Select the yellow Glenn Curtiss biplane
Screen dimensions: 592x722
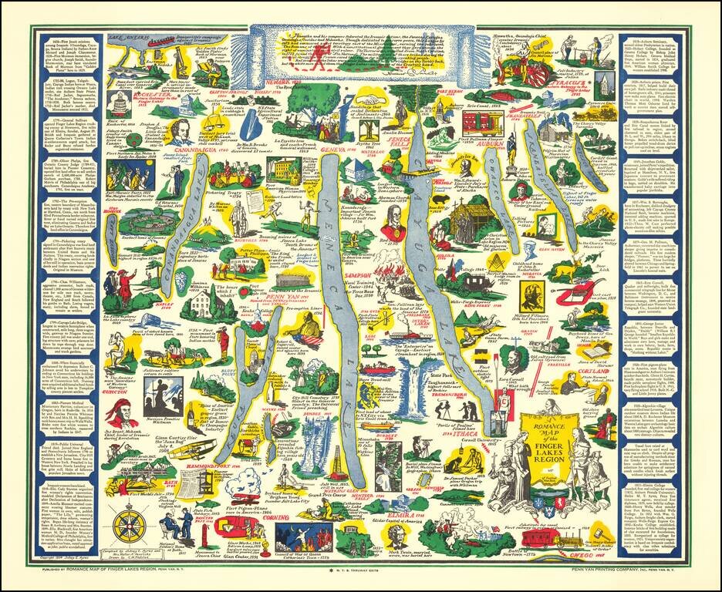[x=184, y=449]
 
